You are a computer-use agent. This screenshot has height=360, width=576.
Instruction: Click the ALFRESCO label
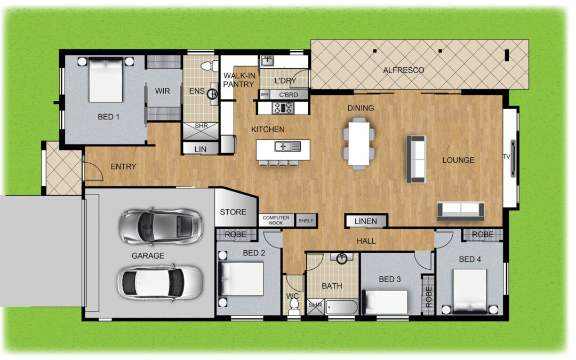[x=403, y=70]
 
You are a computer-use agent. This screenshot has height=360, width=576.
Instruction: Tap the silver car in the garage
[x=161, y=226]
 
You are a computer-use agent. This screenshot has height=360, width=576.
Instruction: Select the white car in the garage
[x=160, y=282]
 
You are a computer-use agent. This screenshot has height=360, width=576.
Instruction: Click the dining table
[x=359, y=143]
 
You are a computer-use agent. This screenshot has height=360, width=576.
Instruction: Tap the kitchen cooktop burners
[x=283, y=108]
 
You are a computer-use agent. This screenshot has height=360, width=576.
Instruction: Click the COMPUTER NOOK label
[x=276, y=220]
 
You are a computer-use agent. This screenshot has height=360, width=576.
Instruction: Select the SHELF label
[x=306, y=220]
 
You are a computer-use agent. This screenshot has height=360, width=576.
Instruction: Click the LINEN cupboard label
[x=365, y=221]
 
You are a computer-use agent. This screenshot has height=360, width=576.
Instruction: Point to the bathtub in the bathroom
[x=342, y=307]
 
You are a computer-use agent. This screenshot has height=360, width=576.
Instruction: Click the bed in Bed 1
[x=106, y=79]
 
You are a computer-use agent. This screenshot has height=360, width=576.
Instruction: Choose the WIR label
[x=162, y=91]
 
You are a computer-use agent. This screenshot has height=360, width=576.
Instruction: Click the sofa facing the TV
[x=416, y=159]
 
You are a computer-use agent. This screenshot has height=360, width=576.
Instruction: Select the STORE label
[x=233, y=212]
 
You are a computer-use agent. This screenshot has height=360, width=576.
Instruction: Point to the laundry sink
[x=267, y=61]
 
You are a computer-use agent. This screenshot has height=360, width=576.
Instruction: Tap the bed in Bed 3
[x=385, y=302]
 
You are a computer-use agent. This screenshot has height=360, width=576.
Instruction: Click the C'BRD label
[x=289, y=95]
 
